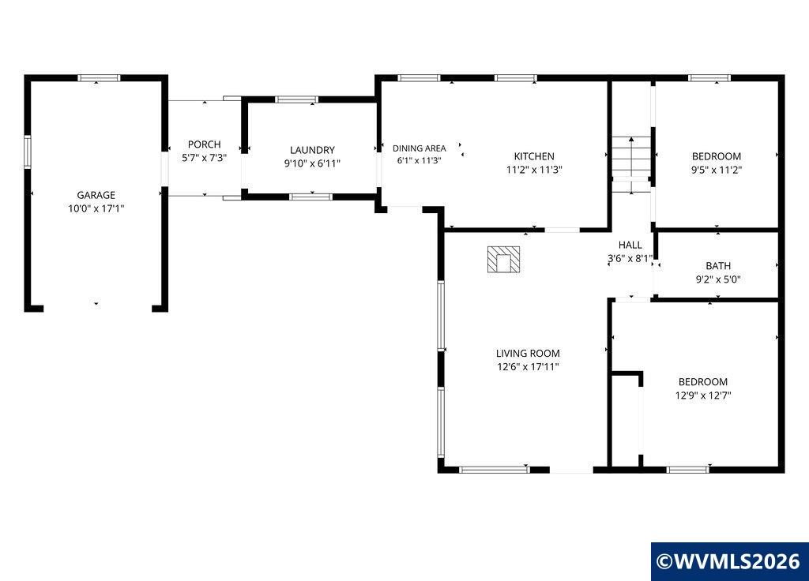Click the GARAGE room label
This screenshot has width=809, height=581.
click(96, 195)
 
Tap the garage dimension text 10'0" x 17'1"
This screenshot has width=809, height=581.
click(96, 208)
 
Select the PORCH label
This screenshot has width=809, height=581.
click(205, 144)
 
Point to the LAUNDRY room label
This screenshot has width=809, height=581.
click(312, 150)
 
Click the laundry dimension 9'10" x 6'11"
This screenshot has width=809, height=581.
click(312, 163)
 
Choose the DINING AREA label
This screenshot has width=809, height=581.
click(420, 148)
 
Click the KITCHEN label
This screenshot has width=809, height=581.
click(534, 156)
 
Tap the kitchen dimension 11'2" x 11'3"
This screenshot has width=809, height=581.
click(534, 170)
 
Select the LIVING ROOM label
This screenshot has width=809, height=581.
click(528, 353)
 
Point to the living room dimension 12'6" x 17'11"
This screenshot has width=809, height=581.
click(528, 366)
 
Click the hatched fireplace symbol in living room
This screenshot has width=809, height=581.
click(503, 259)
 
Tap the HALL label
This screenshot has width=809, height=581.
click(630, 245)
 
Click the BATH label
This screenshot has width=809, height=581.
click(718, 266)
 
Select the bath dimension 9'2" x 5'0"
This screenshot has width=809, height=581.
click(718, 279)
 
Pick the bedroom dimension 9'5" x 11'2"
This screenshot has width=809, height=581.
click(717, 170)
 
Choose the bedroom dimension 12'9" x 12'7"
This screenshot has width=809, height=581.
click(703, 395)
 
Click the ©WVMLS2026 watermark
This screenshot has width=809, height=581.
click(730, 561)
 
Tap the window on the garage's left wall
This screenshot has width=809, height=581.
click(28, 152)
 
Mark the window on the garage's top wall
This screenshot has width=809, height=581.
click(99, 78)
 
